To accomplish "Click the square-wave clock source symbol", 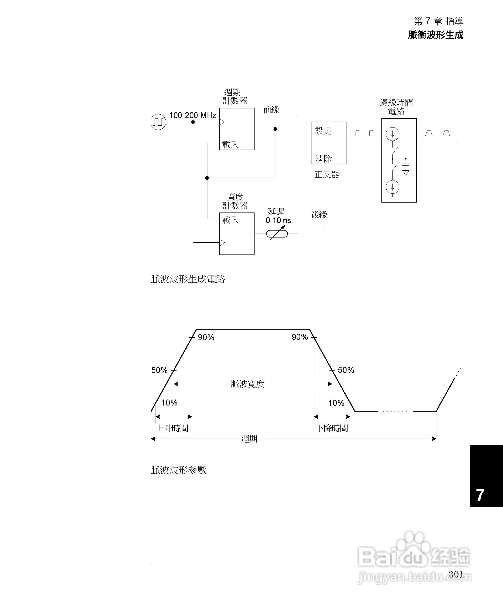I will pos(158,122).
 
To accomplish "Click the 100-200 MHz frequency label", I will pos(193,116).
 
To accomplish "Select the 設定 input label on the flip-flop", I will pos(323,131).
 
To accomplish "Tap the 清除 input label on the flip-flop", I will pos(323,159).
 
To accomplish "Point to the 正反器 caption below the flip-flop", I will pos(327,175).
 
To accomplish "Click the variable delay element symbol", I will pos(277,234).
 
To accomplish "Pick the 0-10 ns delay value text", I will pos(278,221).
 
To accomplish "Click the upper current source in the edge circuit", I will pos(392,134).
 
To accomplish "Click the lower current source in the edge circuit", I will pos(392,187).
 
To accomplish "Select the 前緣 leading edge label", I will pos(271,110).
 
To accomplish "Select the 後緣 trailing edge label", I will pos(319,214).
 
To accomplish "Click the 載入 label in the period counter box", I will pos(230,145).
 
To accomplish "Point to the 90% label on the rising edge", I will pos(206,337).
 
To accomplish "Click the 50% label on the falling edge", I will pos(346,370).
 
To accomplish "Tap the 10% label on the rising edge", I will pos(169,403).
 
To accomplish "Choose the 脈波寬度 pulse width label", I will pos(247,384).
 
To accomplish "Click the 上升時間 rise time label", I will pos(172,428).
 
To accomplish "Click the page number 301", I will pos(456,574).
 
